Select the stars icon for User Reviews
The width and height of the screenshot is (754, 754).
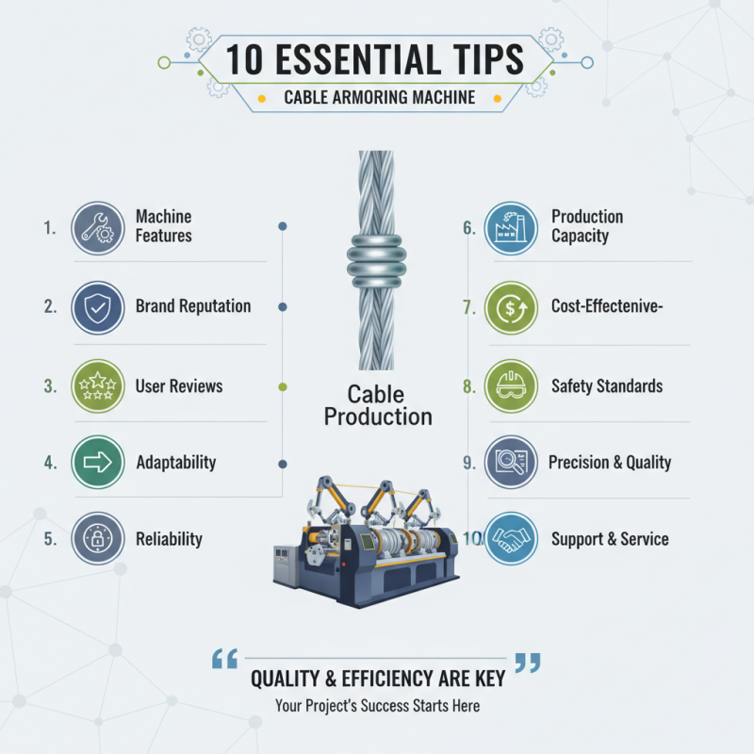(97, 386)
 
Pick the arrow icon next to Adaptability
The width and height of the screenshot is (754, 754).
(97, 463)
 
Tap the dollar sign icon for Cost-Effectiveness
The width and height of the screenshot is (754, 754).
(511, 307)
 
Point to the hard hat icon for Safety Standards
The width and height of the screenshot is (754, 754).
(511, 386)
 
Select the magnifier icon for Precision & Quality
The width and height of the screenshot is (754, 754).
(511, 463)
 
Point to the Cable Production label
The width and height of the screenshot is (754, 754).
(378, 404)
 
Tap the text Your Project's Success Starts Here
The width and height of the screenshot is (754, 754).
(377, 706)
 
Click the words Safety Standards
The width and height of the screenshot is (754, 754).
(606, 386)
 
